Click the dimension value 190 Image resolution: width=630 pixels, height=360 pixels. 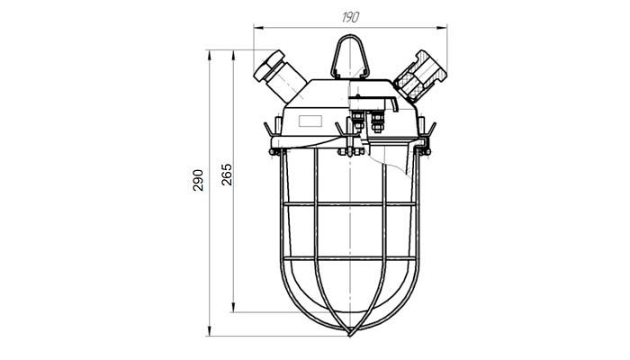pyautogui.click(x=350, y=17)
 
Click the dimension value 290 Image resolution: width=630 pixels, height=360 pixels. pyautogui.click(x=198, y=180)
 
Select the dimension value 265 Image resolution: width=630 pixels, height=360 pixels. pyautogui.click(x=227, y=175)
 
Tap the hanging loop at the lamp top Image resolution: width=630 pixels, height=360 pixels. pyautogui.click(x=349, y=57)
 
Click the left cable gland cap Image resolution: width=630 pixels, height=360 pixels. pyautogui.click(x=268, y=65)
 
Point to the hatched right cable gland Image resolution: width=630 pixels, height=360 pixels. pyautogui.click(x=420, y=75)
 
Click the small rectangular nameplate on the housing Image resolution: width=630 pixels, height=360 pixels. pyautogui.click(x=310, y=121)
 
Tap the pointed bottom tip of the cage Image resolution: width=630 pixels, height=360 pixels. pyautogui.click(x=350, y=334)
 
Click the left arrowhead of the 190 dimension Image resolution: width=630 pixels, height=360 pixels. pyautogui.click(x=258, y=27)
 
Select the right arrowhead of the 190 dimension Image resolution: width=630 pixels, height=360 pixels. pyautogui.click(x=443, y=27)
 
